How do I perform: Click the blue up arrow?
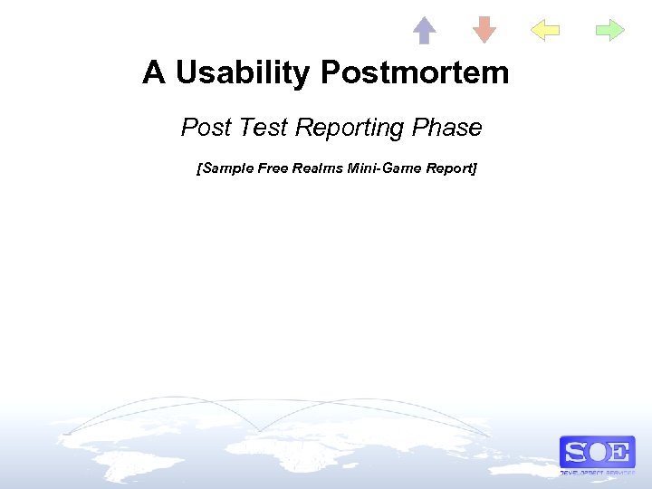pos(424,31)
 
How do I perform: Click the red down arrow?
pos(484,30)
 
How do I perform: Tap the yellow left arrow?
pos(544,31)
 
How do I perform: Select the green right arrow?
pos(610,31)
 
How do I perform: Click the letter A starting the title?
pos(153,72)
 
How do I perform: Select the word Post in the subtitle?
pos(207,128)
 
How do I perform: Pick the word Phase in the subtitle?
pos(446,128)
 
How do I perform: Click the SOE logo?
pos(597,452)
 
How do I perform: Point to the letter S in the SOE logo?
pos(576,452)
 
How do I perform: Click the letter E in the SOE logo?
pos(619,452)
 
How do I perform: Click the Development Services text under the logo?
pos(597,473)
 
